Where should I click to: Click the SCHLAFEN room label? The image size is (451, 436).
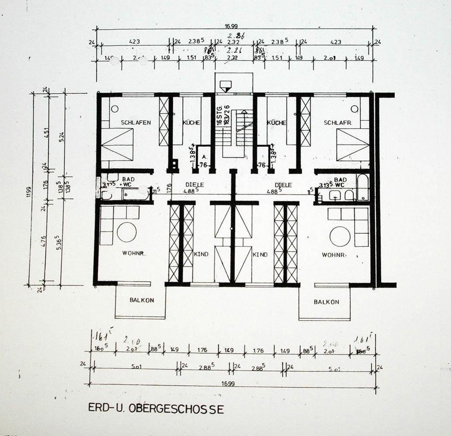coord(136,123)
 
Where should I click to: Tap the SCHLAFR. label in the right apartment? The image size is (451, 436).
coord(337,123)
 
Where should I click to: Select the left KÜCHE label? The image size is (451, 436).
coord(190,123)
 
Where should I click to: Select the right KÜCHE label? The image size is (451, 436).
coord(276,123)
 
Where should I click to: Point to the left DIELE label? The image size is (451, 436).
coord(194,185)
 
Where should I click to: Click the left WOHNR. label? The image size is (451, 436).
coord(134,254)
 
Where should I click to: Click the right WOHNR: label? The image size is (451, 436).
coord(334,255)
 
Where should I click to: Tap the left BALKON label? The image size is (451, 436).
coord(141,300)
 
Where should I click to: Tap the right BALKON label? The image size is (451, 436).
coord(327,302)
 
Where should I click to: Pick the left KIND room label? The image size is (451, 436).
coord(201,254)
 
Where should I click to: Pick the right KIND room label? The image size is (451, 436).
coord(260,254)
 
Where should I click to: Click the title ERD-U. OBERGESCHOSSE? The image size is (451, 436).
coord(156,408)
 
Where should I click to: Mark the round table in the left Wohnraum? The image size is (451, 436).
coord(127,232)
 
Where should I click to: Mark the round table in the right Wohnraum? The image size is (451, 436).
coord(340,236)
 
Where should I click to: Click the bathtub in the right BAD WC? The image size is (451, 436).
coord(363,188)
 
